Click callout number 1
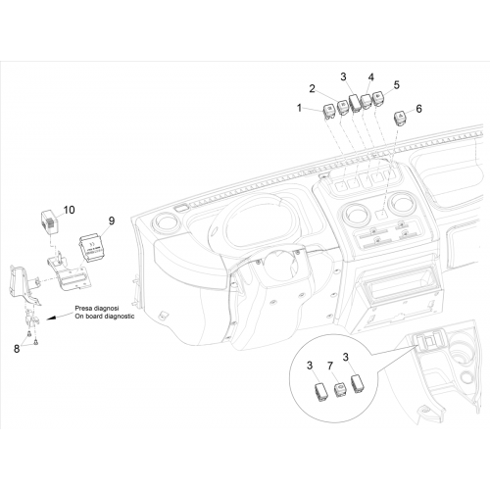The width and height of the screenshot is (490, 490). point(299,108)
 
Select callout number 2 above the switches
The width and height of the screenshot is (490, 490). point(313,88)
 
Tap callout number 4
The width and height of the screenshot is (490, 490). point(370,77)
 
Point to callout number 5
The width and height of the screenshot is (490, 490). point(396,85)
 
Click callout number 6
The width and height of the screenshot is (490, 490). point(418,109)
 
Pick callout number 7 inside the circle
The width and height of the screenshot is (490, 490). point(330,366)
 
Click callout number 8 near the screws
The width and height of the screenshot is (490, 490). point(17,349)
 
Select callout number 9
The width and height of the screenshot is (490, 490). point(112,220)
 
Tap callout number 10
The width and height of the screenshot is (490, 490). point(69,210)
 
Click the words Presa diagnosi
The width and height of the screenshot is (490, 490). point(97,308)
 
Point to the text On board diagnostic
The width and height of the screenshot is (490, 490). point(105,317)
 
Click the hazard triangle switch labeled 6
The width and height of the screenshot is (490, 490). point(400,118)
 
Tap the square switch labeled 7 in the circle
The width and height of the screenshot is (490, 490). point(339,390)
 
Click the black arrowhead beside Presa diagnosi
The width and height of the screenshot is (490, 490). point(50,318)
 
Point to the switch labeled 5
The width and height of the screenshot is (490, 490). point(378,98)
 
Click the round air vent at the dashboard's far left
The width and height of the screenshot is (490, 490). point(166,223)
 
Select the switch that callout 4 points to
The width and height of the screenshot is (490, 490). point(366,101)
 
